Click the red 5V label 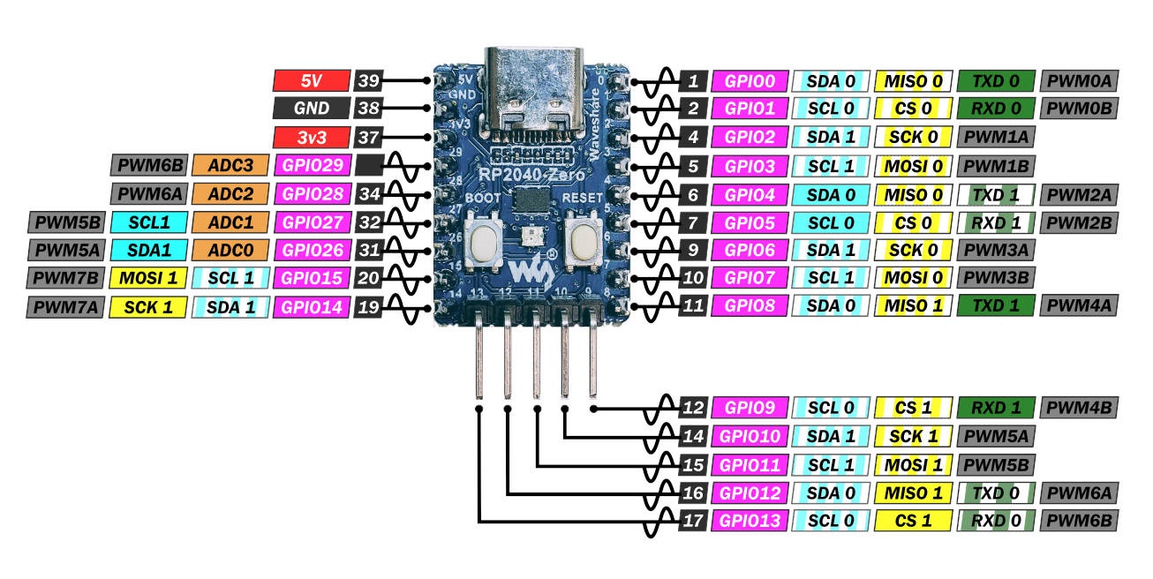click(311, 81)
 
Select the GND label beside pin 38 click(311, 109)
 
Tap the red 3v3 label click(311, 137)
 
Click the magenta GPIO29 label click(312, 165)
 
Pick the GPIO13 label click(750, 521)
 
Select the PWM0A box click(1080, 81)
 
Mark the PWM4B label click(1080, 408)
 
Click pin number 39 click(368, 81)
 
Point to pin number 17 click(693, 521)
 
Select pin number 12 click(693, 408)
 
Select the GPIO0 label click(750, 81)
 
